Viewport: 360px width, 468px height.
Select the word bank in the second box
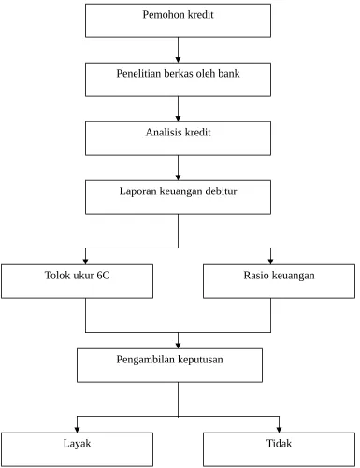pyautogui.click(x=229, y=74)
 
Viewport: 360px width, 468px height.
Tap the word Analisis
pyautogui.click(x=164, y=133)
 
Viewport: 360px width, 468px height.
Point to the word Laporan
pyautogui.click(x=137, y=191)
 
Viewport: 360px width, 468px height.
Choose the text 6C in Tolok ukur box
pyautogui.click(x=103, y=276)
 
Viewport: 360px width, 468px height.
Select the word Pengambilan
pyautogui.click(x=142, y=360)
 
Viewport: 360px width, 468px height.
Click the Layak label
pyautogui.click(x=77, y=444)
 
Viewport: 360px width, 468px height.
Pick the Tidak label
pyautogui.click(x=279, y=444)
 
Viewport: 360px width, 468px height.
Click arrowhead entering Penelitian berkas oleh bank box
pyautogui.click(x=178, y=60)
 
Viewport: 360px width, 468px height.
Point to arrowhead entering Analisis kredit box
pyautogui.click(x=178, y=119)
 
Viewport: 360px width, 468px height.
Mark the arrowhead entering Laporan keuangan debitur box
pyautogui.click(x=178, y=177)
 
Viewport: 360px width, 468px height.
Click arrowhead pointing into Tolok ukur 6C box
pyautogui.click(x=85, y=262)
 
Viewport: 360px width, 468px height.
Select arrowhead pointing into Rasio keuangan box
pyautogui.click(x=270, y=262)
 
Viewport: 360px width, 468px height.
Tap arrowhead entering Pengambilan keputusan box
pyautogui.click(x=178, y=346)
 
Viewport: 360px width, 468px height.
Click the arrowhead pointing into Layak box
pyautogui.click(x=77, y=430)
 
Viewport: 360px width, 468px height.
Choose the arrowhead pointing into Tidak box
pyautogui.click(x=279, y=430)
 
